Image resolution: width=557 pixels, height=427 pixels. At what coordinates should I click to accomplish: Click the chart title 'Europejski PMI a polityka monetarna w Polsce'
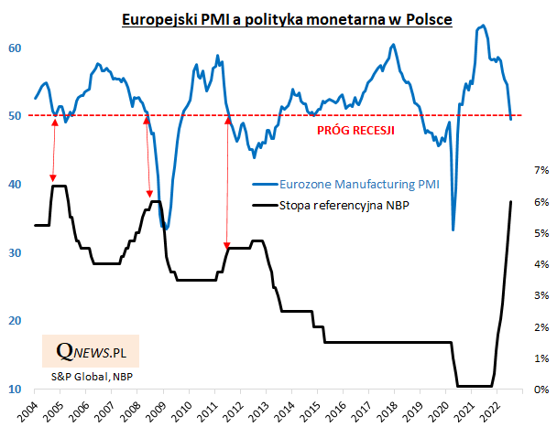tap(288, 18)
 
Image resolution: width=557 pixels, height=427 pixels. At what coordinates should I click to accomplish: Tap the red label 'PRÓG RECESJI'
tap(355, 131)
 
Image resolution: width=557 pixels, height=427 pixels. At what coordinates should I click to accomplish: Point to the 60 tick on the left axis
tap(16, 48)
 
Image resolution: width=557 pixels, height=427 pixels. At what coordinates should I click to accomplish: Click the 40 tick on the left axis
tap(16, 184)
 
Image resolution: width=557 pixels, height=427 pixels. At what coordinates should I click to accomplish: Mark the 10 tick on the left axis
tap(16, 390)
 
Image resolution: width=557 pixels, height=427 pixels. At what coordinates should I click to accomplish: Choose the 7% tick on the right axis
tap(541, 170)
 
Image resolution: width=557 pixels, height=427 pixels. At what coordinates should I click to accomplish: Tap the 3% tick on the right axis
tap(541, 295)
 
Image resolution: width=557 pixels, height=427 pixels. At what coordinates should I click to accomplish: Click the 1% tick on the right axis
tap(541, 358)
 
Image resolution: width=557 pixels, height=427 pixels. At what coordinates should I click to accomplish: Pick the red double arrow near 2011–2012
tap(225, 181)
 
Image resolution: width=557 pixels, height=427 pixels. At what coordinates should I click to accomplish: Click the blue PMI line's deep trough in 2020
tap(453, 229)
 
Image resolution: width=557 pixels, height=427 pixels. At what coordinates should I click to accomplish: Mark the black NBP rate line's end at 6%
tap(510, 201)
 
